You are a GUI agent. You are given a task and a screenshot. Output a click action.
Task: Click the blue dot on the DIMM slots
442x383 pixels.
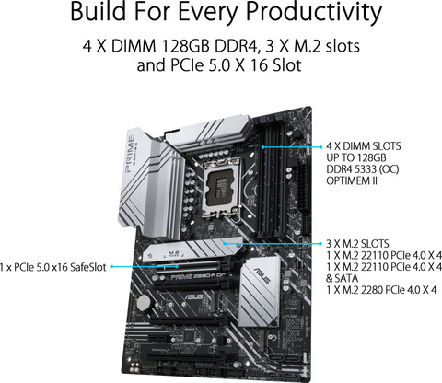pyautogui.click(x=262, y=145)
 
